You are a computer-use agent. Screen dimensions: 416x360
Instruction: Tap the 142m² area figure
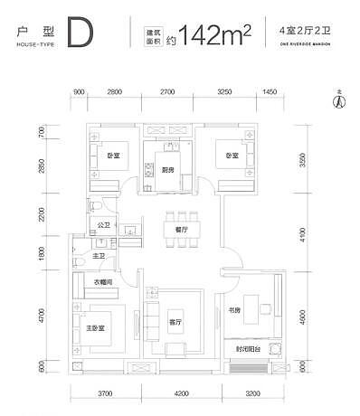pos(215,36)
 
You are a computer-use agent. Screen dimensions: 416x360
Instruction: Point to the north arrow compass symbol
pos(339,100)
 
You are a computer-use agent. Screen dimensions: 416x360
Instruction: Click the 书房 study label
pos(234,310)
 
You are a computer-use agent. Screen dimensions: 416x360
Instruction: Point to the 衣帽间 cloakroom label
pos(109,283)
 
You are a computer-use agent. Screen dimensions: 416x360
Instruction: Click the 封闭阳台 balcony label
pos(247,348)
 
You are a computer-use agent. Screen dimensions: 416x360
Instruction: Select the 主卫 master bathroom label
pos(98,255)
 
